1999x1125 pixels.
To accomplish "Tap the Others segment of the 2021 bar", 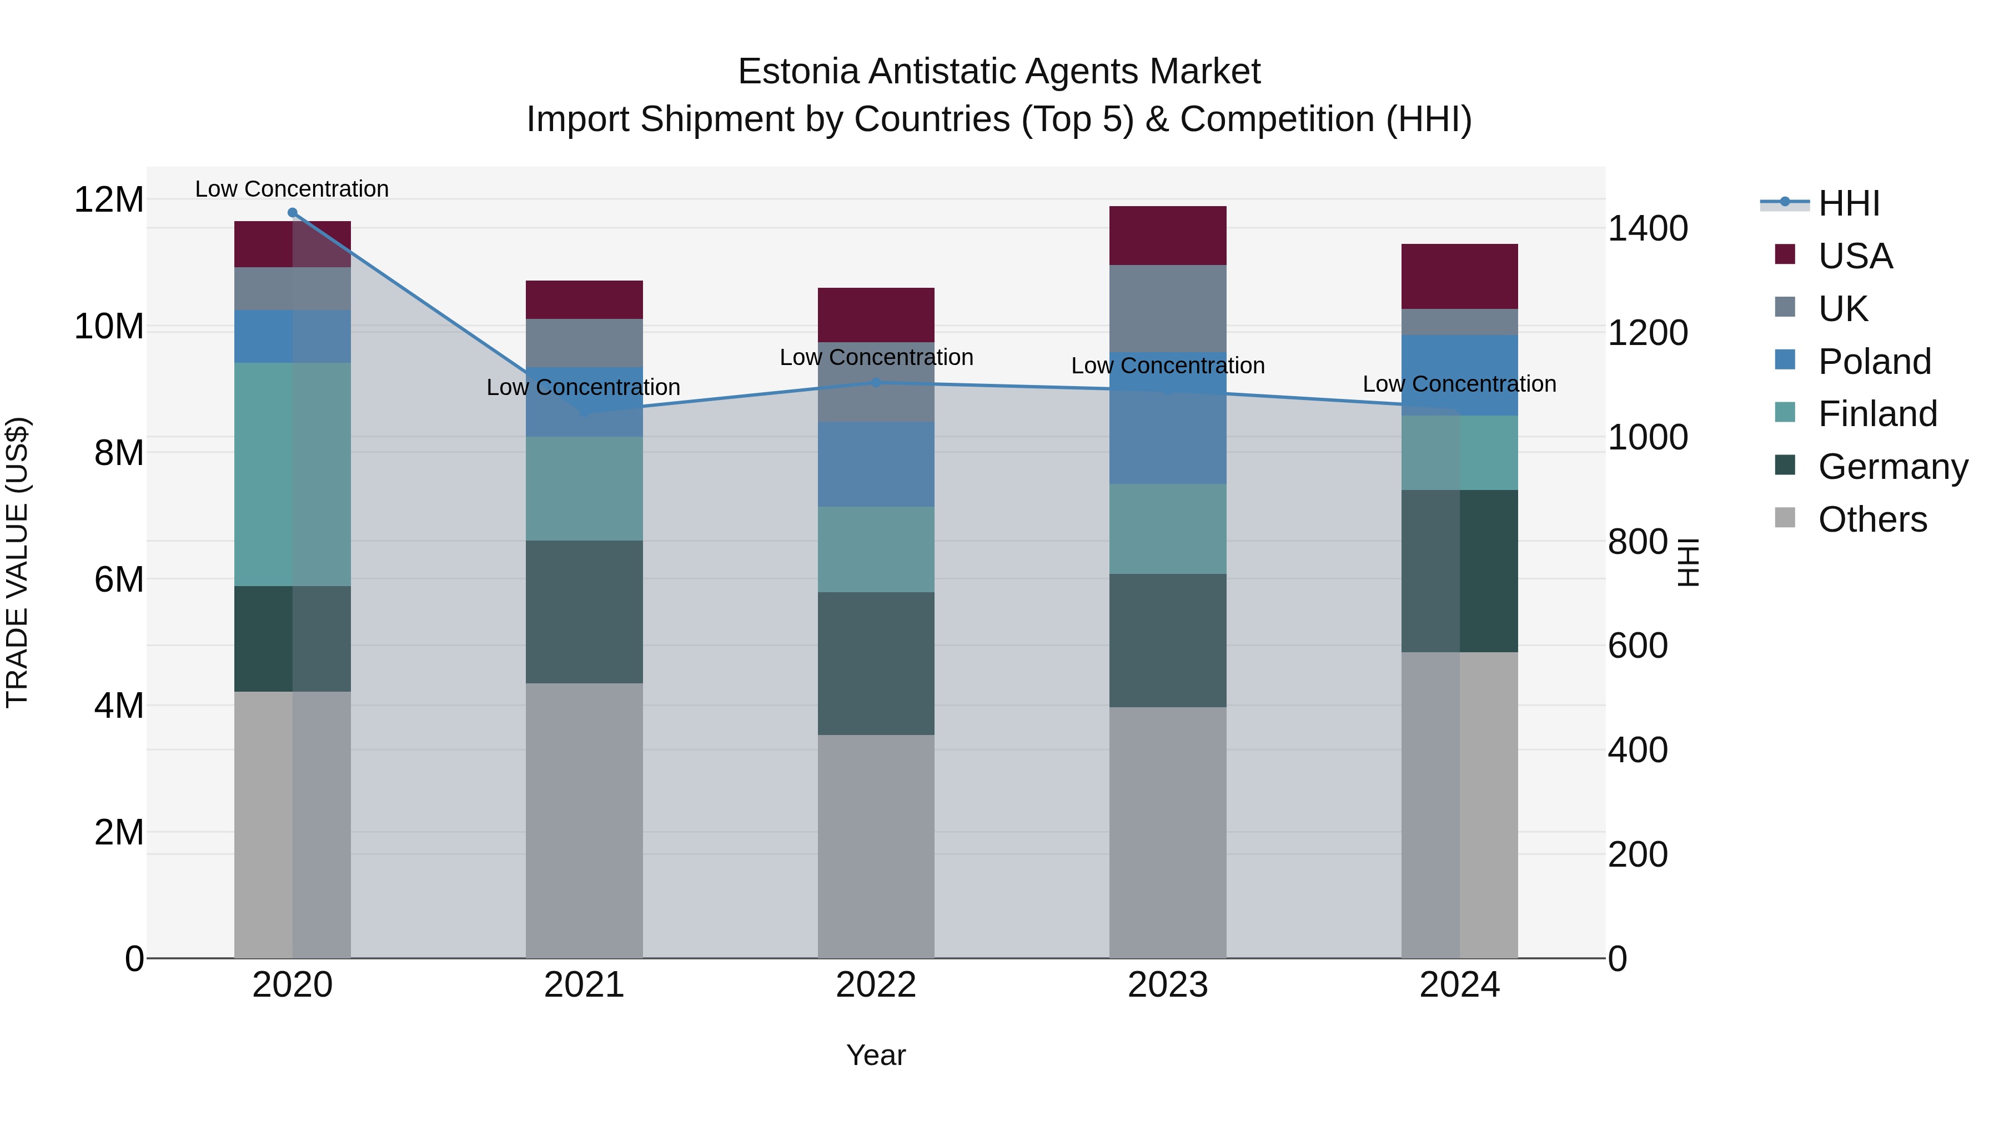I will (584, 820).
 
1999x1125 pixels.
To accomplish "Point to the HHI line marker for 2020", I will (293, 213).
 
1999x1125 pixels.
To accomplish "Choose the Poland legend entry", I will (1874, 361).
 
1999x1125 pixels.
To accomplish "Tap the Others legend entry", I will (1872, 519).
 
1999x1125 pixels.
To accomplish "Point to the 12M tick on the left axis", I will (109, 199).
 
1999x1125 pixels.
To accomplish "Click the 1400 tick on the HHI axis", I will (1648, 228).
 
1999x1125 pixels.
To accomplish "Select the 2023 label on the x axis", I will (1167, 985).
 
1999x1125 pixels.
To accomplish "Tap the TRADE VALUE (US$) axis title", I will (17, 562).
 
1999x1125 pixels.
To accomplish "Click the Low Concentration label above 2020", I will (292, 189).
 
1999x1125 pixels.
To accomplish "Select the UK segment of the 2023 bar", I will (1167, 308).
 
